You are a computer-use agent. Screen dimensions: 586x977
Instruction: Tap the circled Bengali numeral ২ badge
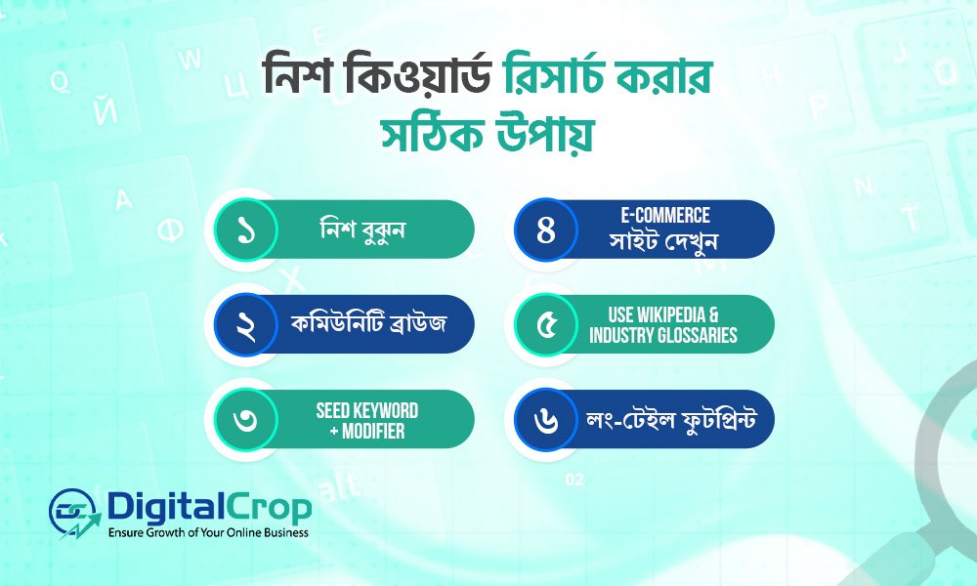[243, 324]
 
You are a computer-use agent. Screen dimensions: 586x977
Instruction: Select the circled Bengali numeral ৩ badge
[243, 419]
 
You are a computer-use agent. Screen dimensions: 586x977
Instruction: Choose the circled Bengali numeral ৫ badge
[546, 324]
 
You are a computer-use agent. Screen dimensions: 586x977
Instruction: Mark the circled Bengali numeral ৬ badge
[546, 419]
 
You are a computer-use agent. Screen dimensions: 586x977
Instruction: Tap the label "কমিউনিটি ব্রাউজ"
[370, 323]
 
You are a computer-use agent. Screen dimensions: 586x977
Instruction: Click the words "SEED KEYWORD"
[366, 410]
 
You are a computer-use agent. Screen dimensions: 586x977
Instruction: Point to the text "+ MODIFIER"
[366, 430]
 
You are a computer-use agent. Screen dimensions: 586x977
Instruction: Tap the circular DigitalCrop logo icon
[76, 512]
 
